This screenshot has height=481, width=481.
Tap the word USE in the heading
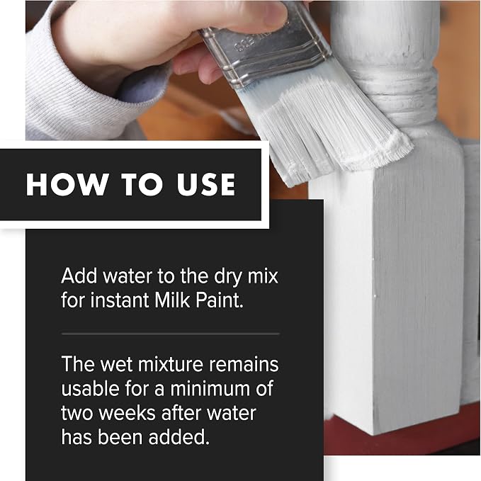click(206, 184)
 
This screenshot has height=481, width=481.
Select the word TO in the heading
click(142, 184)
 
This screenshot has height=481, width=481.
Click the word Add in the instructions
click(80, 276)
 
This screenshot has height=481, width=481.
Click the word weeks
click(128, 413)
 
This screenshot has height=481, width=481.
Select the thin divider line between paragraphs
click(171, 334)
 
